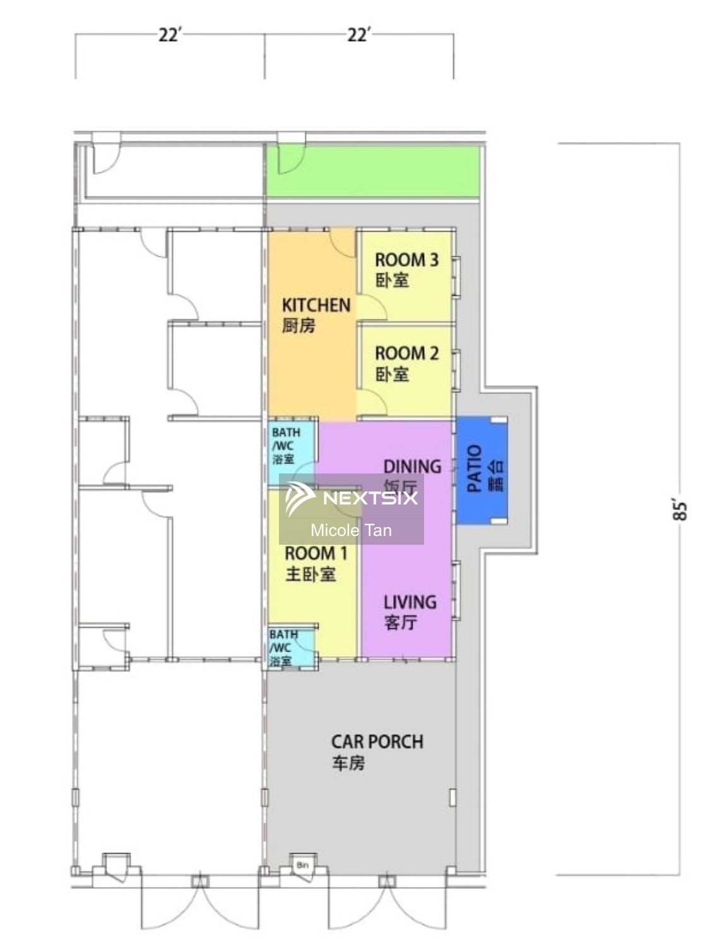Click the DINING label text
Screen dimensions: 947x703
click(x=411, y=467)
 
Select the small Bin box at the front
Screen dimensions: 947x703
click(x=302, y=864)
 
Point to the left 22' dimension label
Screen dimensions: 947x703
click(x=169, y=34)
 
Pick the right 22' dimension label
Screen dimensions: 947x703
click(x=358, y=34)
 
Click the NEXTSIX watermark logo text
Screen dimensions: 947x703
click(x=370, y=498)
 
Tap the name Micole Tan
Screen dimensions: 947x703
click(x=351, y=530)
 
